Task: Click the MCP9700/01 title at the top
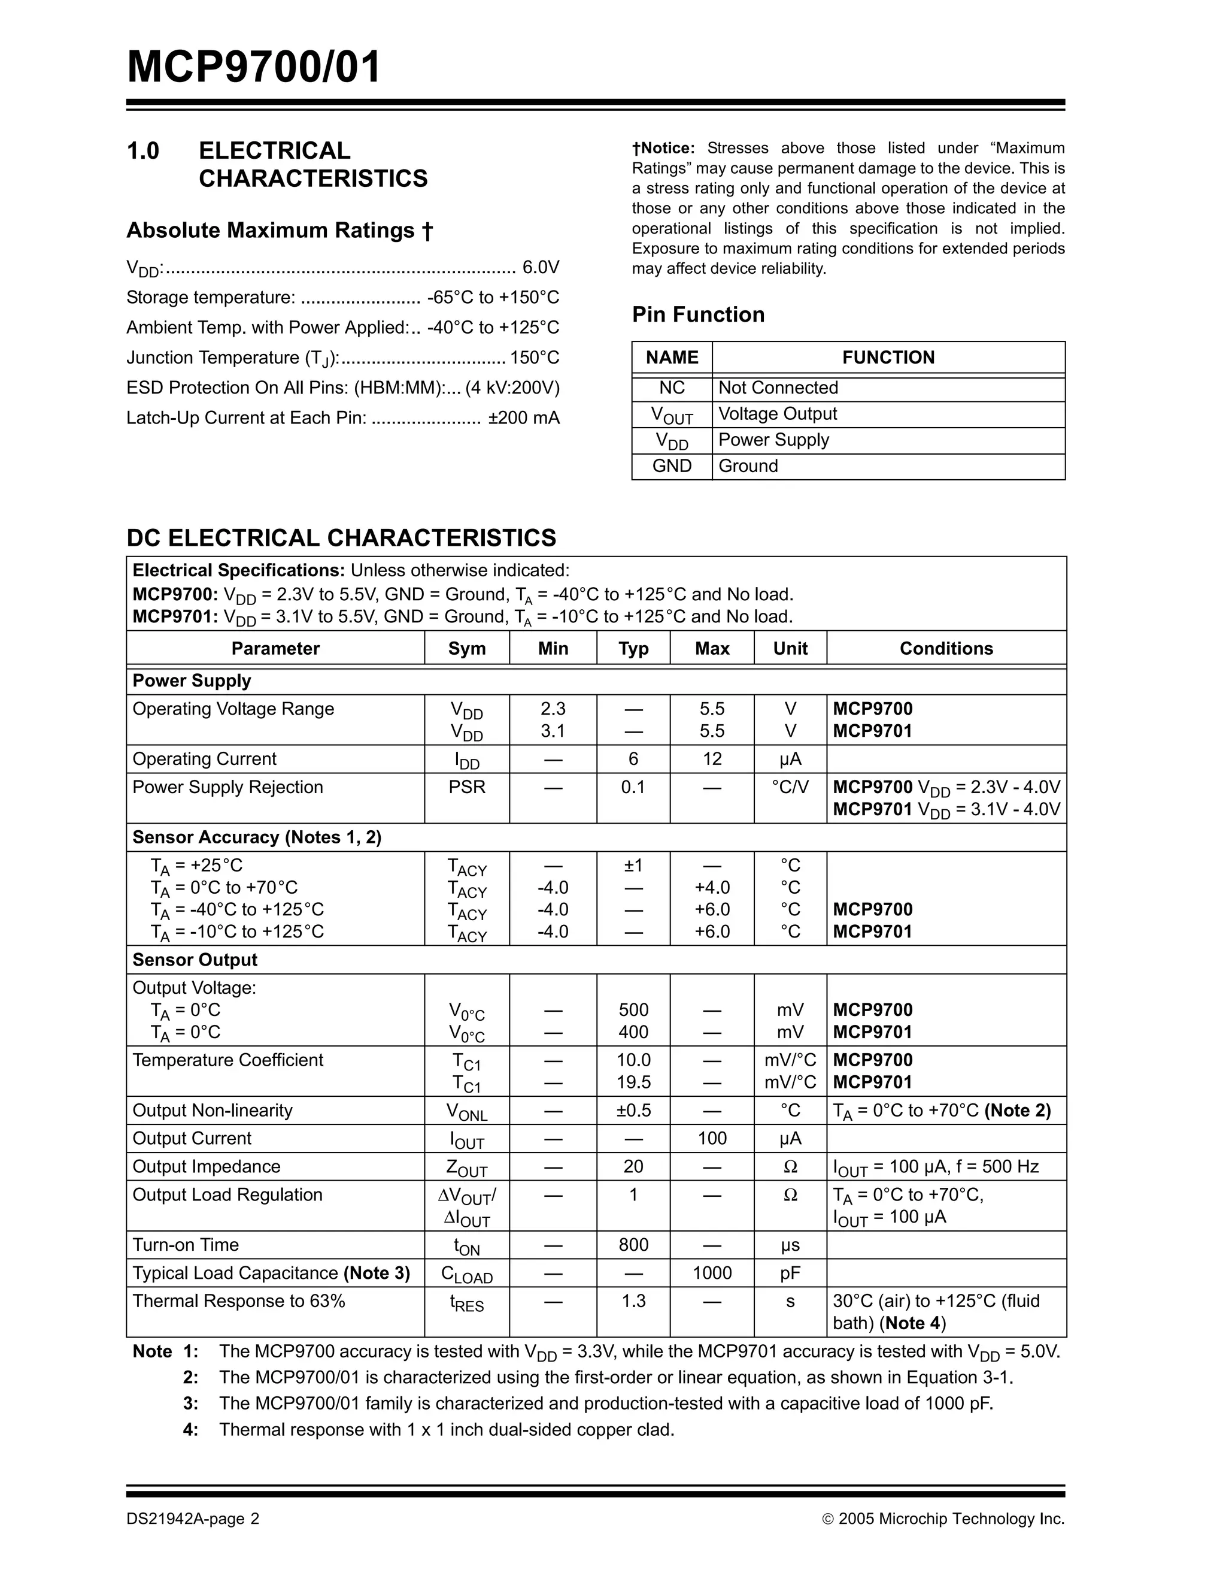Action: tap(254, 68)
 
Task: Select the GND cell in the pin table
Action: tap(672, 466)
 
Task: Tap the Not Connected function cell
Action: tap(778, 388)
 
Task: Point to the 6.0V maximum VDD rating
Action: tap(541, 268)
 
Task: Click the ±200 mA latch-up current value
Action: tap(523, 418)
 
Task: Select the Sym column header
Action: tap(466, 649)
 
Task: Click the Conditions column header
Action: tap(945, 649)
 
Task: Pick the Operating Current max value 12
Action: tap(711, 759)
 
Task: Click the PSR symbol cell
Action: tap(466, 788)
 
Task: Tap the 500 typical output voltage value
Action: tap(633, 1010)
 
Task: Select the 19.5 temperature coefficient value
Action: tap(633, 1082)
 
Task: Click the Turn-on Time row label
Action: tap(186, 1245)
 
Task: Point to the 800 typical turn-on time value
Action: tap(633, 1245)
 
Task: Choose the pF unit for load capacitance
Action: tap(790, 1273)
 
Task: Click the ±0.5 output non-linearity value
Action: tap(633, 1111)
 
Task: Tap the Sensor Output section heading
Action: tap(195, 960)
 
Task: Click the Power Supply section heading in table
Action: tap(192, 681)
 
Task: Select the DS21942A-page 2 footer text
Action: tap(193, 1519)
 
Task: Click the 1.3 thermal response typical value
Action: tap(633, 1301)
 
